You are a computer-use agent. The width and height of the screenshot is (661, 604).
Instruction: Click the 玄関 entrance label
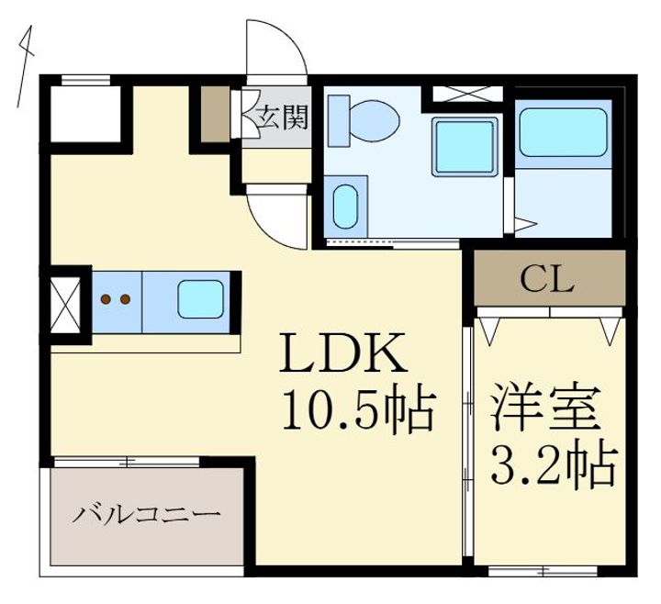[x=283, y=117]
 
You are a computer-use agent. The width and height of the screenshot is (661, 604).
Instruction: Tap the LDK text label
[x=343, y=352]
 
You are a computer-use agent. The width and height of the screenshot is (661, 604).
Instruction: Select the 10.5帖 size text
[x=358, y=408]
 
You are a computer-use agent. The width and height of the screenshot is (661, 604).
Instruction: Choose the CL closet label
[x=547, y=279]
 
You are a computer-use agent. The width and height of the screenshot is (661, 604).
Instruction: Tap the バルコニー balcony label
[x=146, y=515]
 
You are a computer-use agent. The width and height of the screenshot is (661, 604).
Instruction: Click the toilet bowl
[x=374, y=119]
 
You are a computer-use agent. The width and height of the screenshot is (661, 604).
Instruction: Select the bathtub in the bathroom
[x=563, y=133]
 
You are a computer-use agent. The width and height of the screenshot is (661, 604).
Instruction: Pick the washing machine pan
[x=465, y=146]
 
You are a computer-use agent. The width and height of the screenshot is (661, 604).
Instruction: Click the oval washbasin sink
[x=345, y=207]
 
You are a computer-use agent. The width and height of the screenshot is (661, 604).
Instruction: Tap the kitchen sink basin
[x=200, y=299]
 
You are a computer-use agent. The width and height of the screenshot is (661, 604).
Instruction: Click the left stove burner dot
[x=106, y=299]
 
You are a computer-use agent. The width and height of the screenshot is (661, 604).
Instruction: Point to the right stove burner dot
[x=125, y=299]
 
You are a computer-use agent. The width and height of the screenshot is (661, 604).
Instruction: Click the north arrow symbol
[x=25, y=67]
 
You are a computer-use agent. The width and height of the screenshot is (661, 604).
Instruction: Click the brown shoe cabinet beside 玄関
[x=215, y=114]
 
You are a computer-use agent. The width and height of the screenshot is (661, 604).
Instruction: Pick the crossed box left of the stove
[x=65, y=305]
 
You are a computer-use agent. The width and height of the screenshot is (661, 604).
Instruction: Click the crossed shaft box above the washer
[x=468, y=94]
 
